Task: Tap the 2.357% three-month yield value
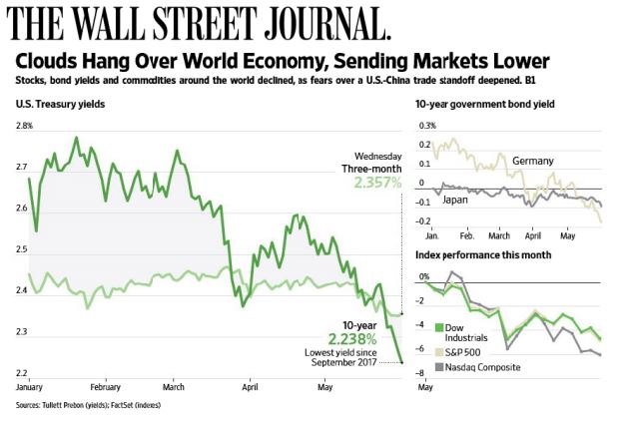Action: point(377,183)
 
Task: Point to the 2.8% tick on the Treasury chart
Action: point(24,126)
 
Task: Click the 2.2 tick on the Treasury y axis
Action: point(22,373)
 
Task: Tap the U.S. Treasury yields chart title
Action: point(62,104)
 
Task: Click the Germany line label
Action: point(533,162)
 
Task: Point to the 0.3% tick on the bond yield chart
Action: point(427,127)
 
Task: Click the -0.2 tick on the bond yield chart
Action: point(426,220)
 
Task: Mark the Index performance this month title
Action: point(483,257)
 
